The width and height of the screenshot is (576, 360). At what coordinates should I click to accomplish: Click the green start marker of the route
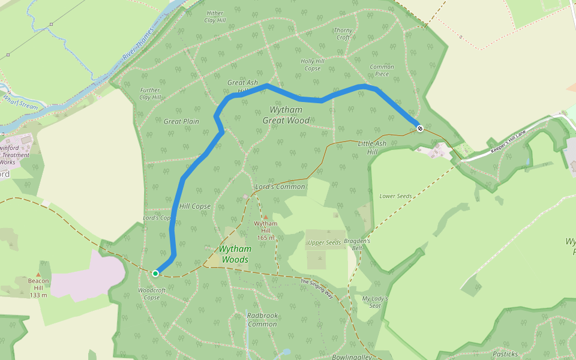155,274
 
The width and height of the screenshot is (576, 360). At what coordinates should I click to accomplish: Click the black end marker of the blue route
420,127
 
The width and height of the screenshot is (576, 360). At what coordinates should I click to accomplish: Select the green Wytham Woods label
235,254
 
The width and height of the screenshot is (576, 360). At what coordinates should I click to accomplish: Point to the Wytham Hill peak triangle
266,217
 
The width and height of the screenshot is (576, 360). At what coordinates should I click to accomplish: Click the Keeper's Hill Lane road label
508,145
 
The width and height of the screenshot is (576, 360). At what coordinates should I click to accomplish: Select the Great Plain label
181,121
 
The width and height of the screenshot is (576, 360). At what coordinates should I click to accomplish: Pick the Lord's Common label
280,187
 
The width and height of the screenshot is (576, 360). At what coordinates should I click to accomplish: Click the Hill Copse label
195,206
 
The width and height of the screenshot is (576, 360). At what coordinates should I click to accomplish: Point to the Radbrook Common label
262,319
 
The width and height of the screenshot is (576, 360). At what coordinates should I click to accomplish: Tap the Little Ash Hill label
372,148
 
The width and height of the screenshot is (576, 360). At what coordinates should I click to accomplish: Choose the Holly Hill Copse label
312,65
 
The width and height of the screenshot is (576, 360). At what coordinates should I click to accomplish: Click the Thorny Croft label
343,34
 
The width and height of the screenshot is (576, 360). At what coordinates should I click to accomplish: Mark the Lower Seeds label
396,196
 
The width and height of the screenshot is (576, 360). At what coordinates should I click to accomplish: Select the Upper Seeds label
325,242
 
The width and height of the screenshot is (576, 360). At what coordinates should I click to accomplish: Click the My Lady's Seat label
375,302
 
